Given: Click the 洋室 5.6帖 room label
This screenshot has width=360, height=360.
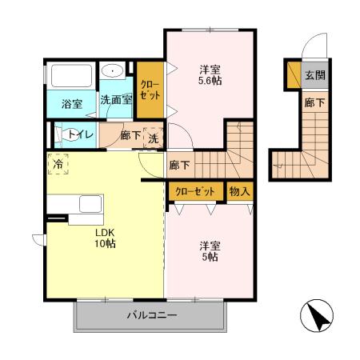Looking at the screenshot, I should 210,74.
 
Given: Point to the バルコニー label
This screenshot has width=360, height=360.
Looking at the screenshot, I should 151,315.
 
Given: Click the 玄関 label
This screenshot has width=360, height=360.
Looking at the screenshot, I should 314,76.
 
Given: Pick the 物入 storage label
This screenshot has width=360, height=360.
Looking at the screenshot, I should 239,191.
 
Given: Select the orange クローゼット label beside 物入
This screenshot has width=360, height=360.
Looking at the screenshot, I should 196,191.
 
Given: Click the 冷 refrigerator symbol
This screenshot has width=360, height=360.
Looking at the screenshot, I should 58,163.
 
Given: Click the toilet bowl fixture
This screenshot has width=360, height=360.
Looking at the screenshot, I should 62,134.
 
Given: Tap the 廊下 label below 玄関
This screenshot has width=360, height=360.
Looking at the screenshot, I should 314,102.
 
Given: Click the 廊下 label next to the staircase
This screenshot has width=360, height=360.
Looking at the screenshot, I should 179,166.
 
